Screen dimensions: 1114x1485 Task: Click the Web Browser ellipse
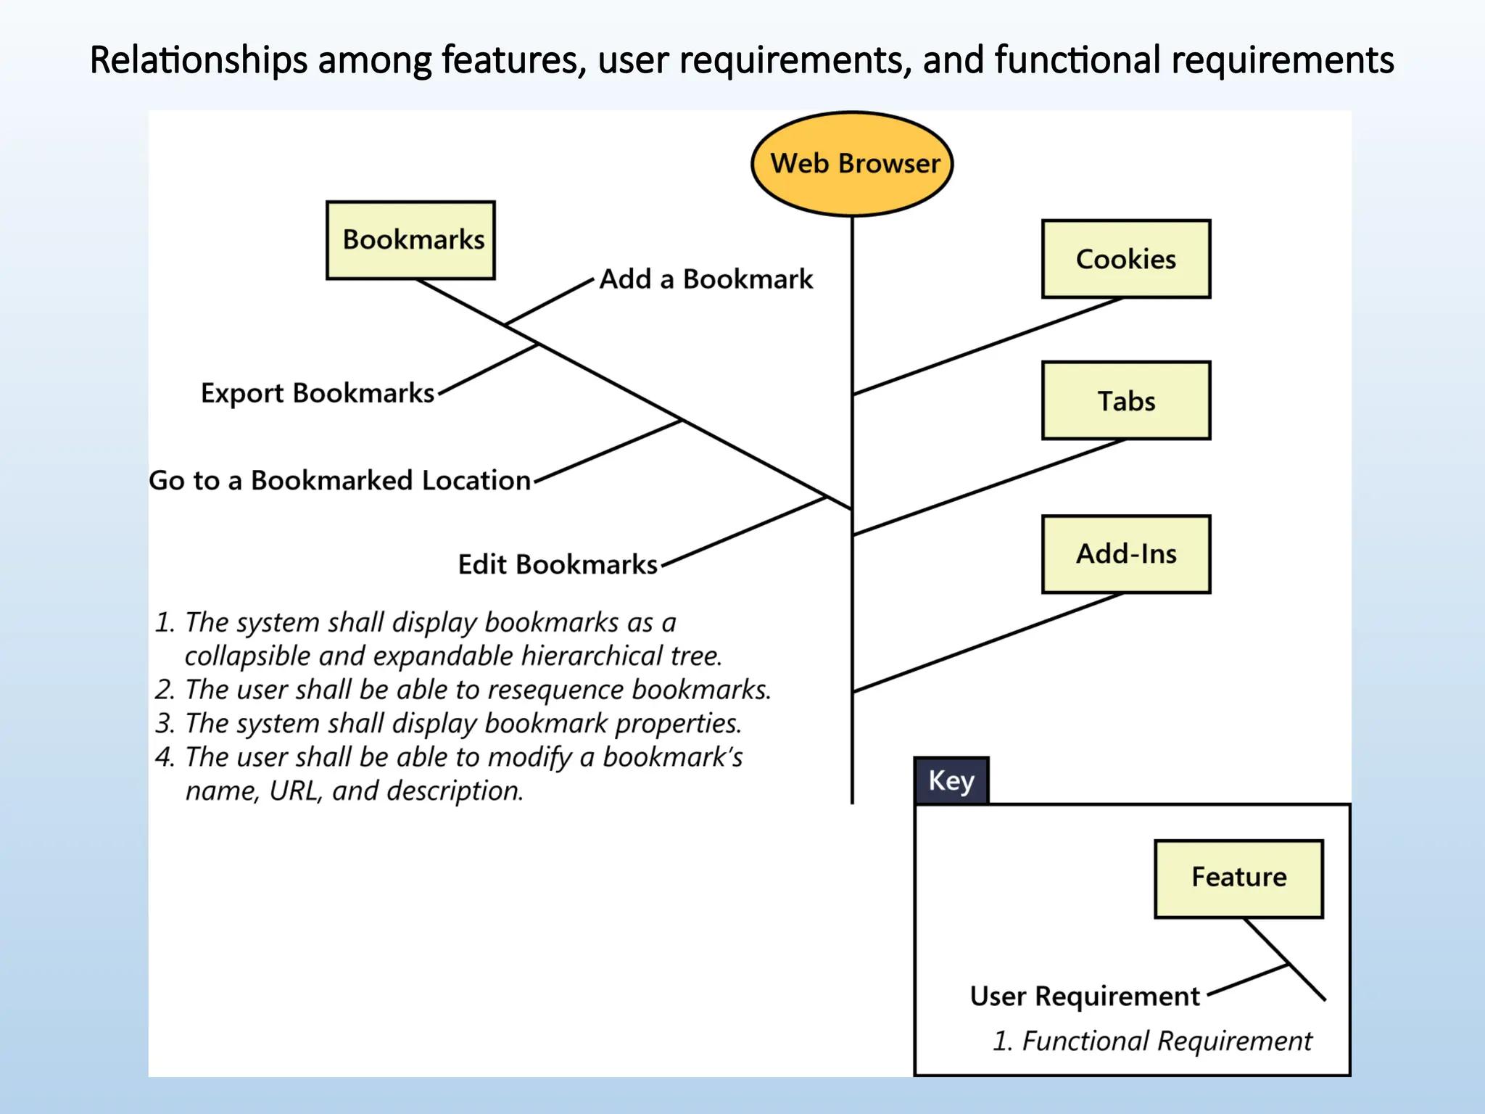coord(852,164)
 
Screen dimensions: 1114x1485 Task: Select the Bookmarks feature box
coord(410,240)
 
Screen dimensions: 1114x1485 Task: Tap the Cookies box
coord(1125,259)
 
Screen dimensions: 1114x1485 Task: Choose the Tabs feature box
coord(1125,400)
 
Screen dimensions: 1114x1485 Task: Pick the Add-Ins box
coord(1125,554)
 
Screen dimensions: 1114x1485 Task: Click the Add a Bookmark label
coord(706,279)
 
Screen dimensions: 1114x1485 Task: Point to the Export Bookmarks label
coord(317,393)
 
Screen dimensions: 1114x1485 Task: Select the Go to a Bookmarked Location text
coord(339,481)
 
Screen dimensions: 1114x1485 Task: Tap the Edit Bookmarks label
coord(557,564)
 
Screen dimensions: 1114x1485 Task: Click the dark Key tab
coord(951,781)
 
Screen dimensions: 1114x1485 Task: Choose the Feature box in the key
coord(1238,878)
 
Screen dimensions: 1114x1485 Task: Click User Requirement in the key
coord(1085,997)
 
